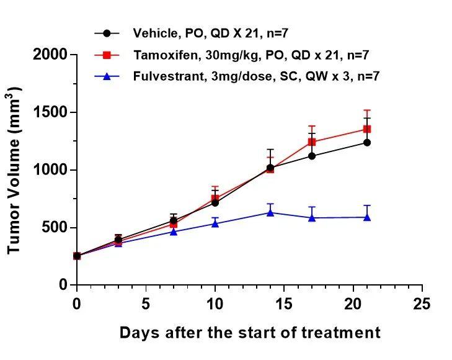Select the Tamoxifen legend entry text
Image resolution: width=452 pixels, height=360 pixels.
pyautogui.click(x=251, y=55)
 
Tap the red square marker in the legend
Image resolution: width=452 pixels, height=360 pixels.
pyautogui.click(x=107, y=55)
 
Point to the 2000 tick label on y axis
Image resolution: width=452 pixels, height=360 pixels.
pyautogui.click(x=50, y=55)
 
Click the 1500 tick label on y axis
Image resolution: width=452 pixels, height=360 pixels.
pyautogui.click(x=50, y=112)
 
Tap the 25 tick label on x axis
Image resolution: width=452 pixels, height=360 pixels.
pyautogui.click(x=422, y=304)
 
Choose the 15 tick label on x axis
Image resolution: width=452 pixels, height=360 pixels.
pyautogui.click(x=284, y=304)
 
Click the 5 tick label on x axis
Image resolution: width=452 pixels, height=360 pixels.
pyautogui.click(x=146, y=304)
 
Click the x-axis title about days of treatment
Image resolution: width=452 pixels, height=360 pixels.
pyautogui.click(x=250, y=333)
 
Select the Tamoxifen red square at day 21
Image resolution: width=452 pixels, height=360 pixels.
pyautogui.click(x=367, y=129)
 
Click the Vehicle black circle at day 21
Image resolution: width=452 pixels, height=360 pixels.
pyautogui.click(x=367, y=142)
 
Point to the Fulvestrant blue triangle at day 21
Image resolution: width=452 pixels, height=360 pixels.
pyautogui.click(x=367, y=217)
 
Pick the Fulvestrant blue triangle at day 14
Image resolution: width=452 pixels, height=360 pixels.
pyautogui.click(x=270, y=212)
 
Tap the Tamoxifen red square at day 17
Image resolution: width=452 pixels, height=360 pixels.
pyautogui.click(x=312, y=142)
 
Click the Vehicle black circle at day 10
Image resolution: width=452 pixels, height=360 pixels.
pyautogui.click(x=215, y=203)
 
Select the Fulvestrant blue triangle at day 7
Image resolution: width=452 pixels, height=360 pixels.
pyautogui.click(x=174, y=232)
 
